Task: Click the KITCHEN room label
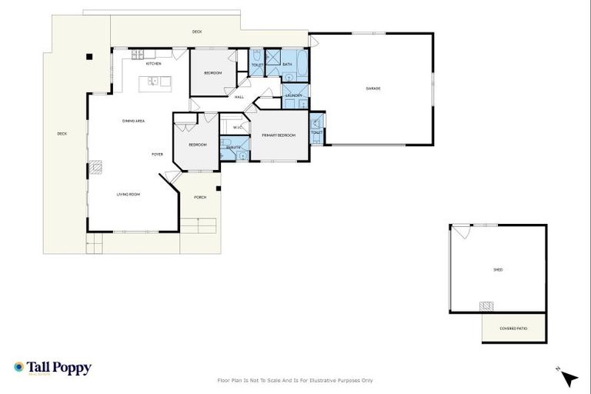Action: tap(154, 64)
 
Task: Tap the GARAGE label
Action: tap(373, 88)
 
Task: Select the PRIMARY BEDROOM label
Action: tap(279, 135)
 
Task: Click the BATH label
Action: tap(287, 65)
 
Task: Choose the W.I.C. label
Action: tap(237, 128)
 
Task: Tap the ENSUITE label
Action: tap(234, 147)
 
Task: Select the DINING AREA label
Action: tap(134, 121)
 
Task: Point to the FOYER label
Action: tap(157, 155)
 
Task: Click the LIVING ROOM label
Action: tap(129, 194)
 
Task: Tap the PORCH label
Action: tap(200, 197)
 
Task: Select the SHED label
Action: tap(498, 270)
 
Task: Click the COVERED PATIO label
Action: tap(513, 329)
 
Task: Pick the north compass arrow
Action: tap(569, 379)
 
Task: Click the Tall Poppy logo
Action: tap(52, 368)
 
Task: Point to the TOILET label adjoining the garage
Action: tap(316, 132)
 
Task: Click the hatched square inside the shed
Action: tap(486, 306)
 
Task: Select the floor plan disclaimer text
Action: tap(295, 380)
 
